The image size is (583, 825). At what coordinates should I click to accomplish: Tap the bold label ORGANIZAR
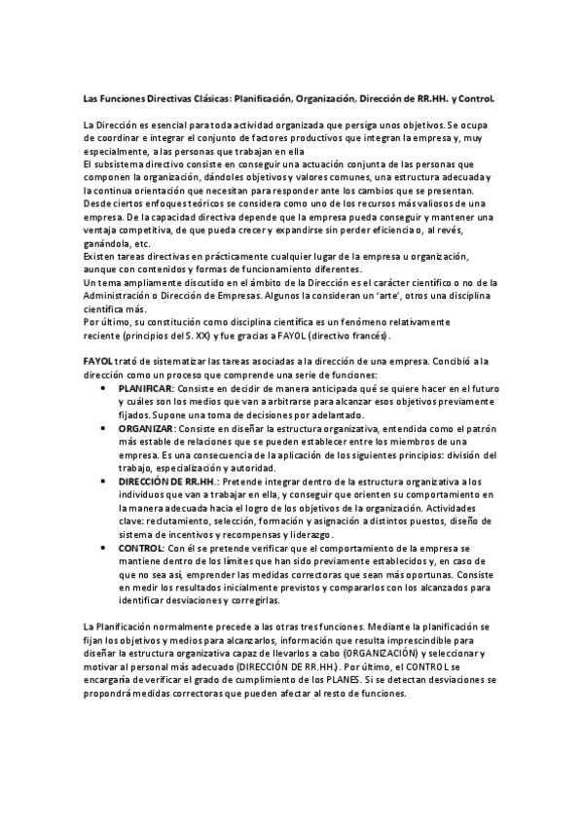pos(146,428)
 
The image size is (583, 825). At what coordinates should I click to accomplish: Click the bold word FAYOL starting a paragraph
pos(98,362)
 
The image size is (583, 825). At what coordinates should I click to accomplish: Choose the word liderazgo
pos(309,534)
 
